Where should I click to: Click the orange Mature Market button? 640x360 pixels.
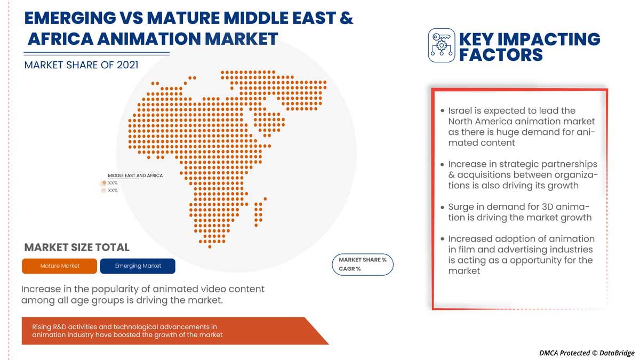[60, 266]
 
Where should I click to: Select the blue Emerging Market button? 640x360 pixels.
[138, 266]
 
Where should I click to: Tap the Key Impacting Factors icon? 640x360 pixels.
[442, 45]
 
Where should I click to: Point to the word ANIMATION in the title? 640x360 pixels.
[161, 38]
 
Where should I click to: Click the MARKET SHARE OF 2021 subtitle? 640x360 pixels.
[81, 65]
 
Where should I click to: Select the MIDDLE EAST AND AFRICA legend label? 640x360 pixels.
[135, 175]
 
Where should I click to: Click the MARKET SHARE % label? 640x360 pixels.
[363, 260]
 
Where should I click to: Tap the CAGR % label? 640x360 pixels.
[350, 269]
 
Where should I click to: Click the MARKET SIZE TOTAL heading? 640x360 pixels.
[77, 247]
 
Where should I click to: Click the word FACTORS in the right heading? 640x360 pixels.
[501, 54]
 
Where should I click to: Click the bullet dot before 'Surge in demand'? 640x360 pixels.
[442, 207]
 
